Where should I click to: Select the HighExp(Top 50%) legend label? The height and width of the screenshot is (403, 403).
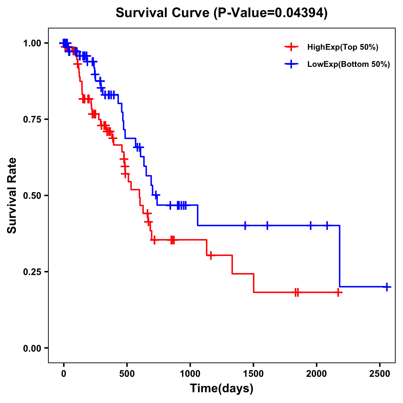tap(343, 47)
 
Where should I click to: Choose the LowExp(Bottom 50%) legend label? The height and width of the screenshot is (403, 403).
tap(349, 64)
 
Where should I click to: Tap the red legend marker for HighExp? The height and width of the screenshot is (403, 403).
tap(291, 47)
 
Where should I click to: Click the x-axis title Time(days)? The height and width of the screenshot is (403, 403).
tap(222, 389)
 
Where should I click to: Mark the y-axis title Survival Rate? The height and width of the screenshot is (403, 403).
tap(12, 195)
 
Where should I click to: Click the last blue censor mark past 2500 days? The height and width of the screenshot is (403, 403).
tap(387, 287)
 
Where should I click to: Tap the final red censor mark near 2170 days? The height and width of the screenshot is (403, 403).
tap(339, 293)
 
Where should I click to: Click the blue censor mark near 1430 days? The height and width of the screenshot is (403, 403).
tap(245, 225)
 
